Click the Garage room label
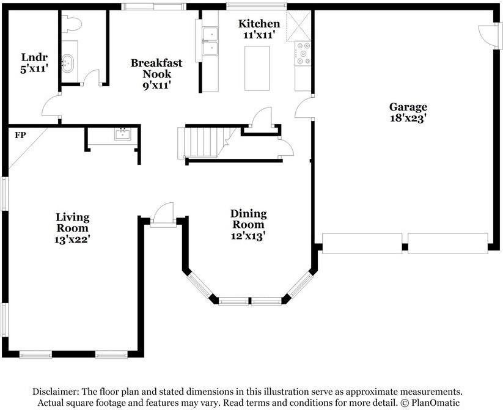pos(408,107)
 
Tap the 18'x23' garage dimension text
pos(408,118)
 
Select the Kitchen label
pos(259,23)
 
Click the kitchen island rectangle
pos(257,68)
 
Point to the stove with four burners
pos(303,54)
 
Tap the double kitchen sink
pos(210,42)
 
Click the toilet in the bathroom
pos(72,24)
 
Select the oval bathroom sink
pos(67,62)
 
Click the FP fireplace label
pos(20,135)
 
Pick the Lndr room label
pos(34,57)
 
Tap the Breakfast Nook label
pos(156,68)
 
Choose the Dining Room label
pos(249,219)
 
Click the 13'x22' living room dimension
pos(72,240)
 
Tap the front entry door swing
pos(164,214)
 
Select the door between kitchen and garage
pos(304,108)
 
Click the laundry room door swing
pos(51,107)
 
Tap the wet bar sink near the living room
pos(123,134)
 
